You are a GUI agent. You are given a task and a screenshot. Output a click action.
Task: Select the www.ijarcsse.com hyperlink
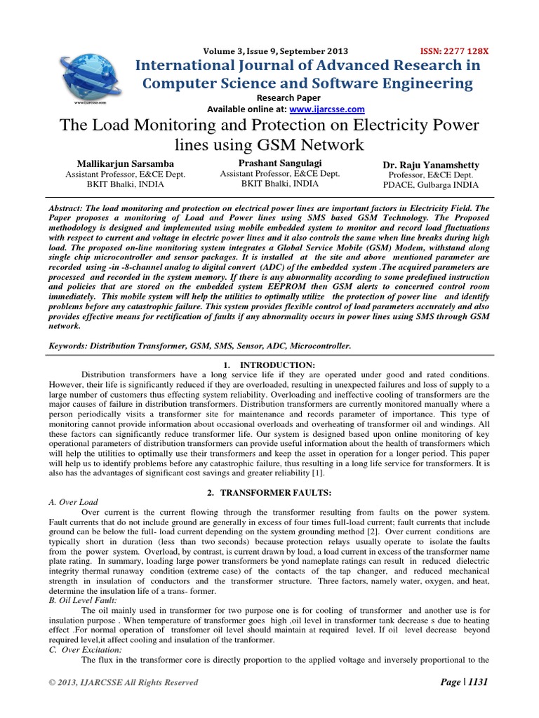pyautogui.click(x=328, y=109)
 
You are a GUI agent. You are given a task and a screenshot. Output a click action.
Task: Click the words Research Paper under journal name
pyautogui.click(x=288, y=97)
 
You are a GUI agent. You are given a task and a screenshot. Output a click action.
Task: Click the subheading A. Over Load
pyautogui.click(x=74, y=503)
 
